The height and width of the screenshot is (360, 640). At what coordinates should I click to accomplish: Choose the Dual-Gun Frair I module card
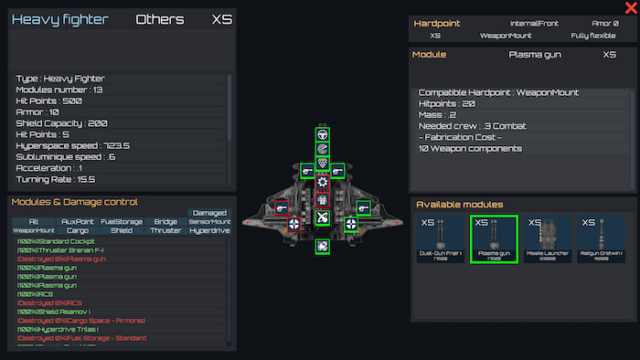(441, 238)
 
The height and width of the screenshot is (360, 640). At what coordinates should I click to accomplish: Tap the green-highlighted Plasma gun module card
(494, 238)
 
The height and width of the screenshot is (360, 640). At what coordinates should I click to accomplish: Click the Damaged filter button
(209, 212)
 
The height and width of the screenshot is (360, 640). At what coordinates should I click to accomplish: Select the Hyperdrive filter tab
(209, 231)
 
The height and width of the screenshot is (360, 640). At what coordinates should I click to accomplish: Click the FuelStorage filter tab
(121, 222)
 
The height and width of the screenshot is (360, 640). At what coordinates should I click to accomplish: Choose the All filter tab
(33, 222)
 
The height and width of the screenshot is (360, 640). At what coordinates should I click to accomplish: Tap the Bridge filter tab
(165, 222)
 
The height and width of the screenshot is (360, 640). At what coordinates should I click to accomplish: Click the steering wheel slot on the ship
(323, 133)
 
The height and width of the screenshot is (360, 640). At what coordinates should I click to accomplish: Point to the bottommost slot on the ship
(323, 246)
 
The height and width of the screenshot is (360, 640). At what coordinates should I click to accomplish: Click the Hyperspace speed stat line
(73, 145)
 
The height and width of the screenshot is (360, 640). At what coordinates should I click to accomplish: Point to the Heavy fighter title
(60, 19)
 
